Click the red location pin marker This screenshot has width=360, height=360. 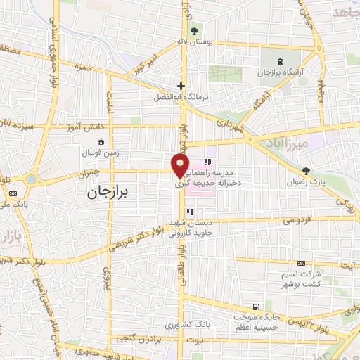[x=181, y=166]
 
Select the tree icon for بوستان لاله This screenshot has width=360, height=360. [x=194, y=31]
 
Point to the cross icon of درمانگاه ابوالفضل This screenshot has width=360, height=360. [x=181, y=86]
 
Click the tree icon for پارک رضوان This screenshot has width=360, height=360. [x=305, y=171]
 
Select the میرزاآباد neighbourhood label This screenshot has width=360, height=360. [x=283, y=144]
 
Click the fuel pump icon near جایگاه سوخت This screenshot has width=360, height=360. [x=254, y=307]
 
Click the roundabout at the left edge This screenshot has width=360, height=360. [x=31, y=179]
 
